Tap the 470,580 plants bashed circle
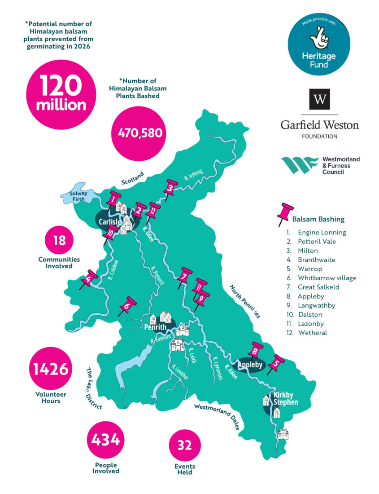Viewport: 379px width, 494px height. coord(139,132)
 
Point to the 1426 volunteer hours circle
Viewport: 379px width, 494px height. coord(50,369)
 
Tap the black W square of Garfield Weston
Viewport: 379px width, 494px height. coord(319,99)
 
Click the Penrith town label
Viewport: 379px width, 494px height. coord(156,327)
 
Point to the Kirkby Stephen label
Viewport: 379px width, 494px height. coord(286,399)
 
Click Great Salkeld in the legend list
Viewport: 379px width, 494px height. coord(318,287)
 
